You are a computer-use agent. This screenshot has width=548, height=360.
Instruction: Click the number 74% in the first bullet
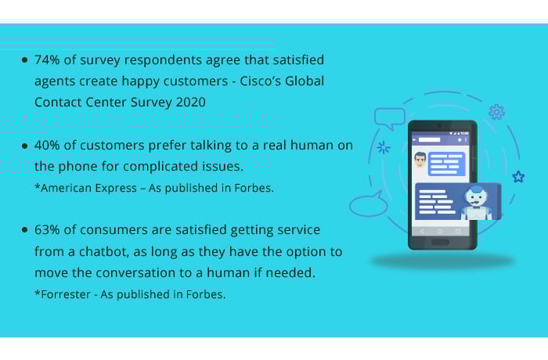(47, 59)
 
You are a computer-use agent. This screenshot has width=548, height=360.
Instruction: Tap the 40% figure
(47, 145)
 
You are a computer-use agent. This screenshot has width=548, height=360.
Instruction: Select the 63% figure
(47, 229)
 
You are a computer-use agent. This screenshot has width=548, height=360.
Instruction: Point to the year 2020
(191, 102)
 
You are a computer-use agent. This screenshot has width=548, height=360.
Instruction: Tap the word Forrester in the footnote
(66, 294)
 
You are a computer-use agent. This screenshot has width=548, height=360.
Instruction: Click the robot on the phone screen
(476, 203)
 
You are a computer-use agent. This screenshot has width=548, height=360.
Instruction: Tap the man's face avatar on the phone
(420, 160)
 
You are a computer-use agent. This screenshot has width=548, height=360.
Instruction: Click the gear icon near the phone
(496, 112)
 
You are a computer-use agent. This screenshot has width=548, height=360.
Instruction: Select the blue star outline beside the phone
(518, 177)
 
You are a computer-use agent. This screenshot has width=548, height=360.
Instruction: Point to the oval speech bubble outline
(369, 204)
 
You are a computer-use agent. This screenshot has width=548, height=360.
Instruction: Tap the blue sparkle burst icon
(384, 147)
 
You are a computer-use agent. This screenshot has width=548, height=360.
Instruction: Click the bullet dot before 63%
(24, 229)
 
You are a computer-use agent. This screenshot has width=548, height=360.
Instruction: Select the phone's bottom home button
(440, 242)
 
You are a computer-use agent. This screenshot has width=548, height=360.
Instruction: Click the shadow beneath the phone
(443, 261)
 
